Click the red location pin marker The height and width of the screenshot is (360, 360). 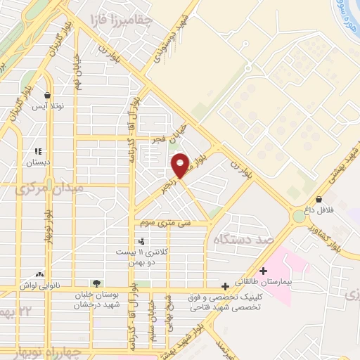pos(180,165)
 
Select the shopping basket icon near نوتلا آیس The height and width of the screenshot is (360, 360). pos(46,95)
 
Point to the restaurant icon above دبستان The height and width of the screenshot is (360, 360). pos(39,150)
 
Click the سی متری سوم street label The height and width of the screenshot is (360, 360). pos(165,222)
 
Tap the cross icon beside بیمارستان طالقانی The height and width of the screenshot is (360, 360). pos(264,271)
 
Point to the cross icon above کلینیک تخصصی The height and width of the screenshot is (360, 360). pos(225,286)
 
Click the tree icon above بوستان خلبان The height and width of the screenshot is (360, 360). pos(96,283)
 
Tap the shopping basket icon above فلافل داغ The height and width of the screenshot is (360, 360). pos(319,199)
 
